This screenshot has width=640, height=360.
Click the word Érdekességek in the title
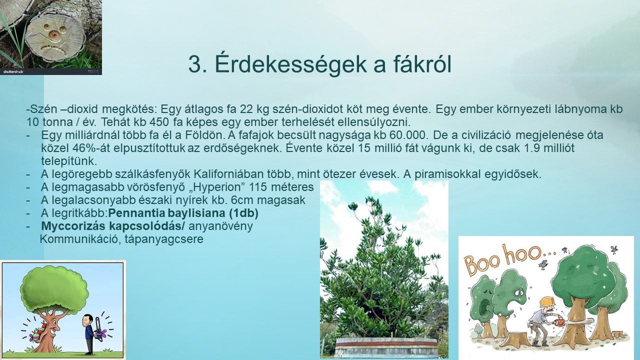(291, 64)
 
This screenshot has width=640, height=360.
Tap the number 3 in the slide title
(195, 64)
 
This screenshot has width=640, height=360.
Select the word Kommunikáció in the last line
(76, 239)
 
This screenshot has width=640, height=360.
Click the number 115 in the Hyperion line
(257, 187)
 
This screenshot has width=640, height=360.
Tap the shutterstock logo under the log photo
(13, 71)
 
